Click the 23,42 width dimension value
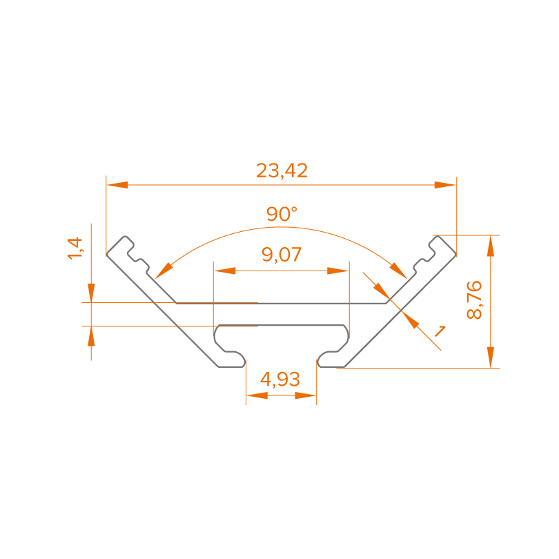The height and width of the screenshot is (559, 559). point(282,170)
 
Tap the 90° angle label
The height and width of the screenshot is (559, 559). point(282,214)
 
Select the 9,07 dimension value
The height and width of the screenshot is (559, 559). point(282,255)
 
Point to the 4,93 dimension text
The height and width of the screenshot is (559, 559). point(280,378)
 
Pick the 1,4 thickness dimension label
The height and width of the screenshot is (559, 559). point(75,248)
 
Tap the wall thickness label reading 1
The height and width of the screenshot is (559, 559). point(438,331)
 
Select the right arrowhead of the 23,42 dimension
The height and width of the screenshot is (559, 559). point(445,185)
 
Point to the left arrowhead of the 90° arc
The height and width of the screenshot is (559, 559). point(163,269)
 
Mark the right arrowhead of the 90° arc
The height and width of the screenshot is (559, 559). point(399,269)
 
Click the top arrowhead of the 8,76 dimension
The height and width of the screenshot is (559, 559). point(490,246)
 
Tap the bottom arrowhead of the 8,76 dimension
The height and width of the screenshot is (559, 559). point(490,357)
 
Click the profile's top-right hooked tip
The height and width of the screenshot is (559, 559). point(435,241)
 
